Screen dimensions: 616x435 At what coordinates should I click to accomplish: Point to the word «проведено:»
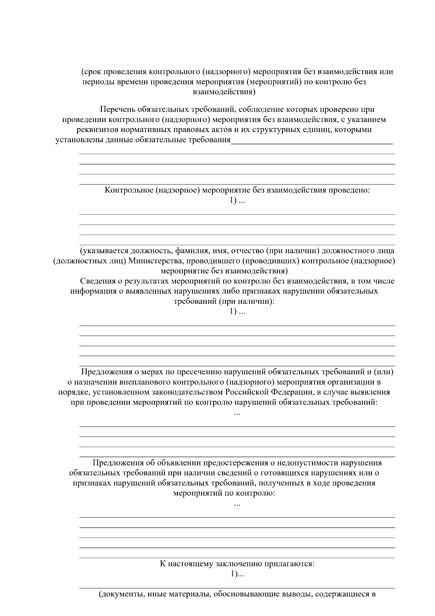[349, 190]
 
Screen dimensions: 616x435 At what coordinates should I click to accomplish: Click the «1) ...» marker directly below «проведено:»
[237, 200]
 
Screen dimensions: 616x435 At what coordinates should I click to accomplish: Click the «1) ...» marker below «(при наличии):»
[237, 311]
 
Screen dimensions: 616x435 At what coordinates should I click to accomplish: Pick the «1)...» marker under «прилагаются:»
[237, 574]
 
